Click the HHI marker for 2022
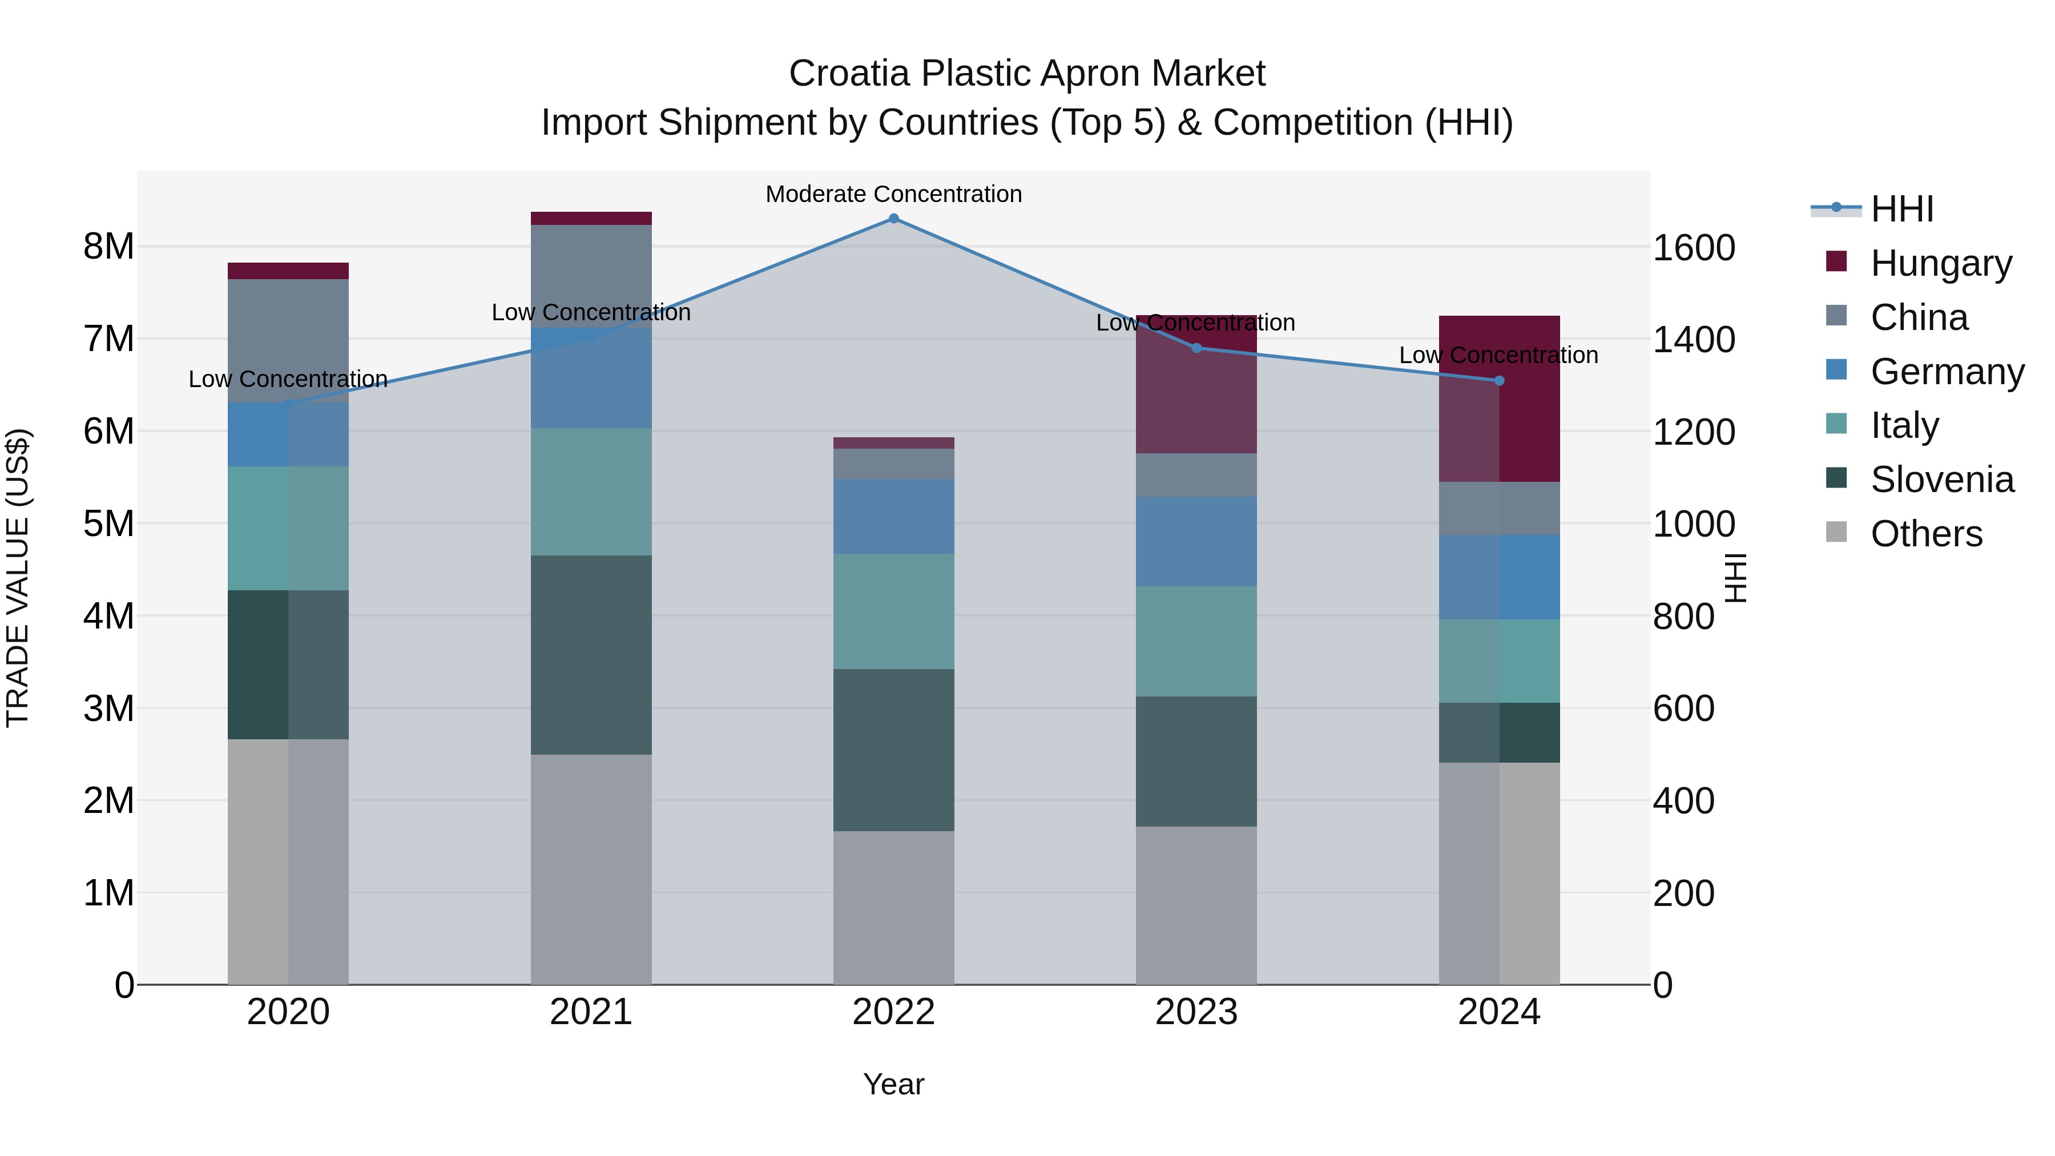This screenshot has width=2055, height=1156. tap(893, 219)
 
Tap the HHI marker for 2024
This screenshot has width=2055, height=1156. tap(1499, 381)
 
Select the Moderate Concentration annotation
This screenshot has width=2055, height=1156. tap(893, 194)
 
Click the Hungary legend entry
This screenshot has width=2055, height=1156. tap(1940, 263)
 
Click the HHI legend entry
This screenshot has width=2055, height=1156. tap(1901, 209)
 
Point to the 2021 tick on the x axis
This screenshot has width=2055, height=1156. tap(591, 1012)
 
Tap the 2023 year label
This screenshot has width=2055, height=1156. tap(1196, 1012)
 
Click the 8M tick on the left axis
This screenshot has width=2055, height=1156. tap(109, 247)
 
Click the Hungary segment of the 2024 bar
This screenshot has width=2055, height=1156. tap(1499, 399)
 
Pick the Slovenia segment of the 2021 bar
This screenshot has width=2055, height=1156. tap(591, 654)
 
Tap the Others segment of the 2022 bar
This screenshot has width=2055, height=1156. tap(893, 907)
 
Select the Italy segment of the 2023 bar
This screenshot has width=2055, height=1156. tap(1196, 642)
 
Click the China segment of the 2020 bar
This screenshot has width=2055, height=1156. tap(288, 341)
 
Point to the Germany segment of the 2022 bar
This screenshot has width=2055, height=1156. tap(893, 516)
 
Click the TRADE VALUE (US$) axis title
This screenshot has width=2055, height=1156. tap(18, 578)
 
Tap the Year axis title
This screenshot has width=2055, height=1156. tap(893, 1084)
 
